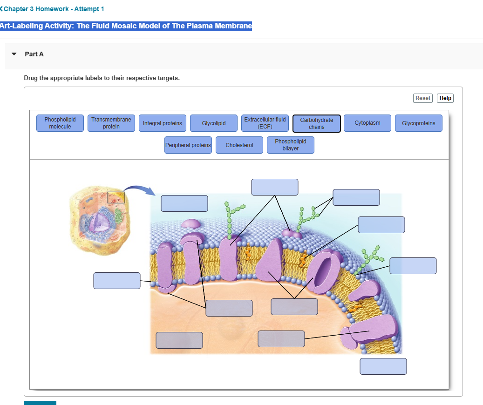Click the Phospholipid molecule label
click(x=60, y=123)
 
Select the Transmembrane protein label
click(x=111, y=123)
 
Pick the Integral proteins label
click(x=163, y=123)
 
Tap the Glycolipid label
click(x=214, y=123)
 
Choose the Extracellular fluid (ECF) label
click(x=265, y=123)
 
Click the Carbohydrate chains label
click(x=317, y=123)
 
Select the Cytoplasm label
click(x=367, y=123)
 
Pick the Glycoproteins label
click(x=419, y=123)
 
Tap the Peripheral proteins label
click(x=188, y=145)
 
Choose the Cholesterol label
click(x=239, y=145)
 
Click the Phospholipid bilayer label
click(x=291, y=145)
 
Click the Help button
click(x=445, y=98)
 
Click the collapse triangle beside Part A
click(x=14, y=54)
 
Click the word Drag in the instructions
click(x=31, y=78)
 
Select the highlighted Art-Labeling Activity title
click(x=126, y=26)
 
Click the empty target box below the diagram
click(x=383, y=366)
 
